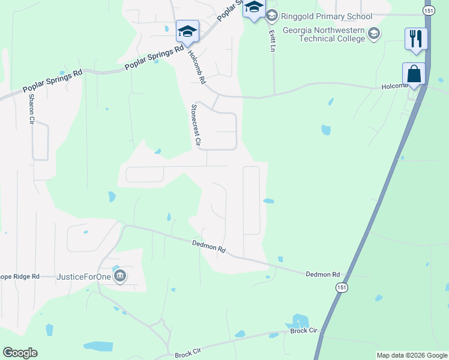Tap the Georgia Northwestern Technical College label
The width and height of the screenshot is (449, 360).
pyautogui.click(x=324, y=34)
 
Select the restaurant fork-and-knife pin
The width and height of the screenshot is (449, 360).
pyautogui.click(x=416, y=40)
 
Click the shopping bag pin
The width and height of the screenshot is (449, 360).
pyautogui.click(x=414, y=74)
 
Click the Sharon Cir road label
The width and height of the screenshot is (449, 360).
pyautogui.click(x=31, y=108)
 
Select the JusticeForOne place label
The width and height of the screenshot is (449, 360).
pyautogui.click(x=83, y=277)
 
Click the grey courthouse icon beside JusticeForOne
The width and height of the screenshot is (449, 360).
pyautogui.click(x=119, y=276)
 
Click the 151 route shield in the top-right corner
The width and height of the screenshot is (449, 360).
pyautogui.click(x=428, y=11)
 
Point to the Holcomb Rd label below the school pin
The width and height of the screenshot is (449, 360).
pyautogui.click(x=197, y=66)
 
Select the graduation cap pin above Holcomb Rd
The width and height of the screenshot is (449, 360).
pyautogui.click(x=187, y=32)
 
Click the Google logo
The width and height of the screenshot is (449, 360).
pyautogui.click(x=20, y=353)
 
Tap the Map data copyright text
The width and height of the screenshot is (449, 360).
pyautogui.click(x=412, y=355)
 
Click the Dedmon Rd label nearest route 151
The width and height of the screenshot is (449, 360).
pyautogui.click(x=323, y=274)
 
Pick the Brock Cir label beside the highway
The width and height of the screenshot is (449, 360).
pyautogui.click(x=303, y=331)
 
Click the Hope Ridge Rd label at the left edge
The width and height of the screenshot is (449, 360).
pyautogui.click(x=19, y=277)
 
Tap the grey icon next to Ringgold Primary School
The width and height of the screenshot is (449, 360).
pyautogui.click(x=272, y=14)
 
